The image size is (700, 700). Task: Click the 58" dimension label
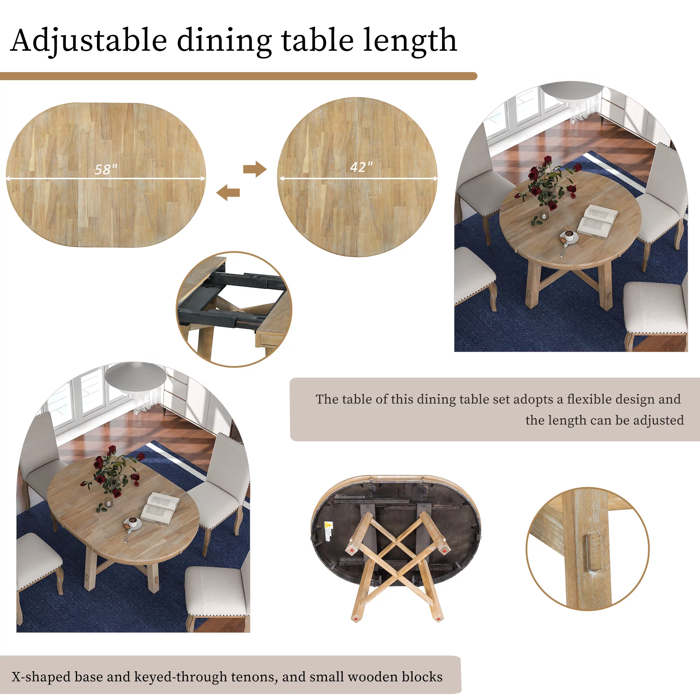(x=106, y=169)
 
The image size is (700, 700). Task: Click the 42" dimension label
(x=361, y=167)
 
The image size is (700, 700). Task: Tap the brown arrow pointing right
(x=255, y=169)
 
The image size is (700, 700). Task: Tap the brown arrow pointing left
(x=228, y=192)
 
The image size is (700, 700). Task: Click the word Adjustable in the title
(x=89, y=41)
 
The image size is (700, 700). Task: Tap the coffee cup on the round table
(x=569, y=236)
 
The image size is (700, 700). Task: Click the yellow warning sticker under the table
(x=328, y=526)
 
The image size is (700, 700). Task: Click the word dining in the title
(x=224, y=41)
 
